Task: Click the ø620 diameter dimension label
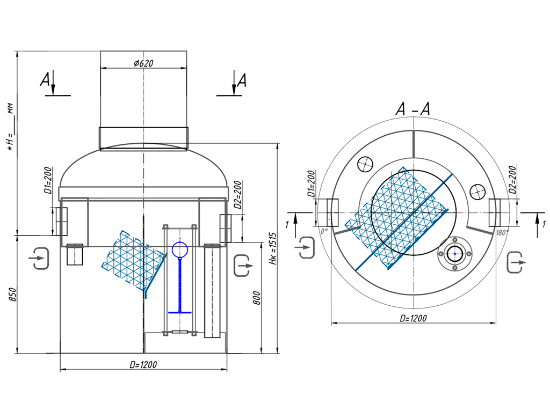coord(143,63)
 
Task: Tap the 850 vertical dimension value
coord(12,295)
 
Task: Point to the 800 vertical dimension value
coord(257,298)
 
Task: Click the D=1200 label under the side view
coord(143,365)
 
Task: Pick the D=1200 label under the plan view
coord(413,318)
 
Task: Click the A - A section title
coord(412,110)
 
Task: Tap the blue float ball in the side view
coord(179,249)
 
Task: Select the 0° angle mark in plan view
coord(324,232)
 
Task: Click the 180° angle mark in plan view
coord(503,232)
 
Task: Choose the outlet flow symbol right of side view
coord(242,265)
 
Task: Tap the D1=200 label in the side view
coord(47,181)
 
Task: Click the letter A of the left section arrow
coord(46,80)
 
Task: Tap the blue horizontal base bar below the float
coord(180,311)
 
